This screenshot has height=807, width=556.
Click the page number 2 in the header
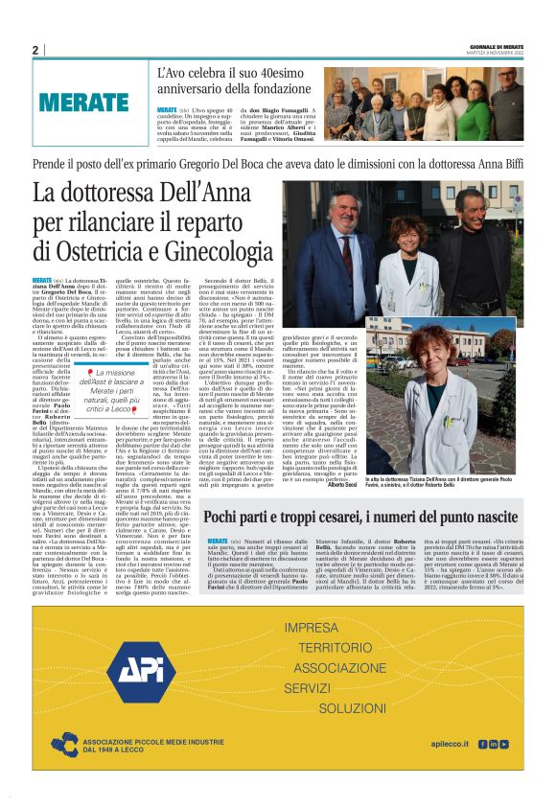[x=35, y=50]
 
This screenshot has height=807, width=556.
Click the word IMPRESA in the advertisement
[x=313, y=628]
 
